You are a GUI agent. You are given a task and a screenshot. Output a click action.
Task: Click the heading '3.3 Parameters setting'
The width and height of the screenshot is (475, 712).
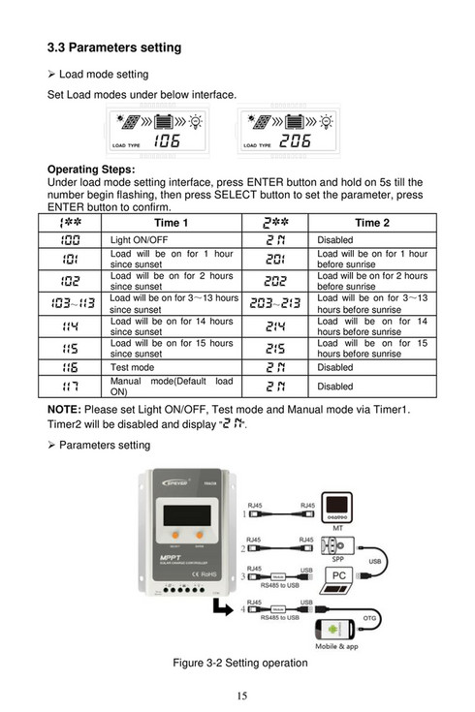click(114, 47)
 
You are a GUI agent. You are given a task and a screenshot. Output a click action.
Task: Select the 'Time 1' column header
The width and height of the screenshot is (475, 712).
click(171, 223)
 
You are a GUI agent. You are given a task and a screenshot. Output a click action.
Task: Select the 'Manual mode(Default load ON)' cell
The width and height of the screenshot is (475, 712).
click(171, 387)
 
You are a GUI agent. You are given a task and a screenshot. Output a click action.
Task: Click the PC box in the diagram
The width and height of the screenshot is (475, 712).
click(340, 575)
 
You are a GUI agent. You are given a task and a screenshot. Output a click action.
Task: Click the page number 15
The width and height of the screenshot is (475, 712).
click(237, 696)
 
